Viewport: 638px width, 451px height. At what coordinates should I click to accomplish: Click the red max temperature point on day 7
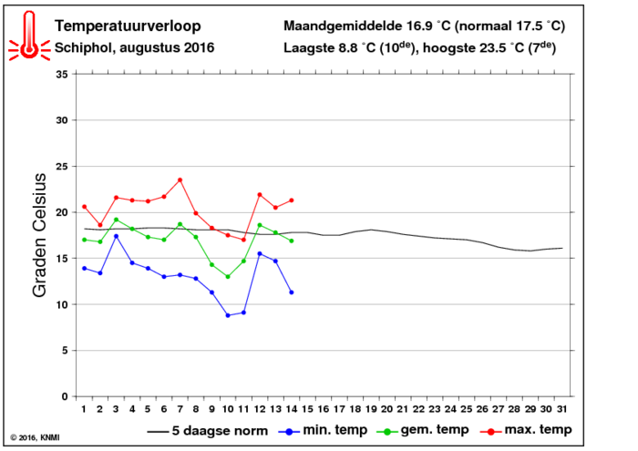(180, 179)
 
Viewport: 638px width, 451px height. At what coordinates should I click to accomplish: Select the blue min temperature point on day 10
(228, 315)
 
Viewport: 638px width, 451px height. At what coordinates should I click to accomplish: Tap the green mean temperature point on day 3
(116, 220)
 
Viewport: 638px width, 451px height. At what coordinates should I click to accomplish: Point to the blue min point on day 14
(292, 292)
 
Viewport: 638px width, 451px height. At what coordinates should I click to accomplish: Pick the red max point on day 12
(260, 195)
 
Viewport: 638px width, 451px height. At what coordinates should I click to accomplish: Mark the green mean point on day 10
(228, 277)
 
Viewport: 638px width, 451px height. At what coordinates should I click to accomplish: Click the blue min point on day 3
(116, 236)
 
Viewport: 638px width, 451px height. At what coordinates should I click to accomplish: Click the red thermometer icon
(29, 36)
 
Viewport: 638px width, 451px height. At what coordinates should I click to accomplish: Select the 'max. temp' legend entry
(526, 430)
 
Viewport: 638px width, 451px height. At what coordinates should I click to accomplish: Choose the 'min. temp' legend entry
(323, 430)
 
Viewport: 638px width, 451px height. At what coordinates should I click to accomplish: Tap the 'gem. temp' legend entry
(423, 430)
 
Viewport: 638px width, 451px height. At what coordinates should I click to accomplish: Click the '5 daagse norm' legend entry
(208, 430)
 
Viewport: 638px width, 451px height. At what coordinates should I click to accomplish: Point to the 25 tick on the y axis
(62, 167)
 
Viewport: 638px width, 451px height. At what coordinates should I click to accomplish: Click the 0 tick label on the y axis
(65, 396)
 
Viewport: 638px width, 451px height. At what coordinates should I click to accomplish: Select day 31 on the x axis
(562, 409)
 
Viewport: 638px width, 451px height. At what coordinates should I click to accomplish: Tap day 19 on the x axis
(371, 409)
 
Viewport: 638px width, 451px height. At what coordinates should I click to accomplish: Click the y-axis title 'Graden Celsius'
(39, 235)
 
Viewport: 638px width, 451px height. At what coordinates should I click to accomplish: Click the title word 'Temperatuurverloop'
(128, 26)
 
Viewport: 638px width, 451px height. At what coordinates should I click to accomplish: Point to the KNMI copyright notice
(35, 437)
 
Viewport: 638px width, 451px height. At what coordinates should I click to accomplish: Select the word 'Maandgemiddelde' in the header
(343, 26)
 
